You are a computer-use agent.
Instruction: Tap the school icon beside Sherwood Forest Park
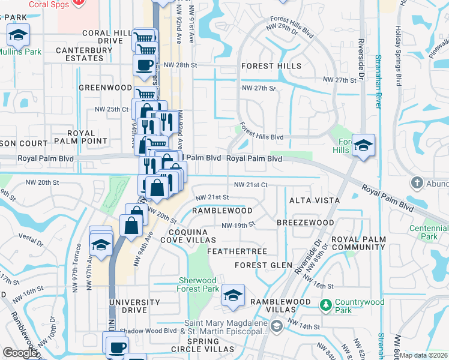pyautogui.click(x=232, y=296)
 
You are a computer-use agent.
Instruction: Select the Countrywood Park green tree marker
pyautogui.click(x=325, y=305)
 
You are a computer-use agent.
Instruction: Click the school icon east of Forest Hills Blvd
pyautogui.click(x=363, y=146)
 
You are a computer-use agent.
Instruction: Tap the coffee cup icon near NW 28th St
pyautogui.click(x=144, y=65)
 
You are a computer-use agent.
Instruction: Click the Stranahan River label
pyautogui.click(x=379, y=81)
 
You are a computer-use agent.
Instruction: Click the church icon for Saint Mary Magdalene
pyautogui.click(x=276, y=326)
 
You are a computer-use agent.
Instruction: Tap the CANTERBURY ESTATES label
pyautogui.click(x=80, y=54)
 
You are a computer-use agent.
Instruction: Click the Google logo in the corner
pyautogui.click(x=20, y=353)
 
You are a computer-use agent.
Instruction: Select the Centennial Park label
pyautogui.click(x=429, y=232)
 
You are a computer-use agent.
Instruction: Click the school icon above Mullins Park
pyautogui.click(x=18, y=36)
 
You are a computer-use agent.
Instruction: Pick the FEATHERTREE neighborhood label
pyautogui.click(x=237, y=251)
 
